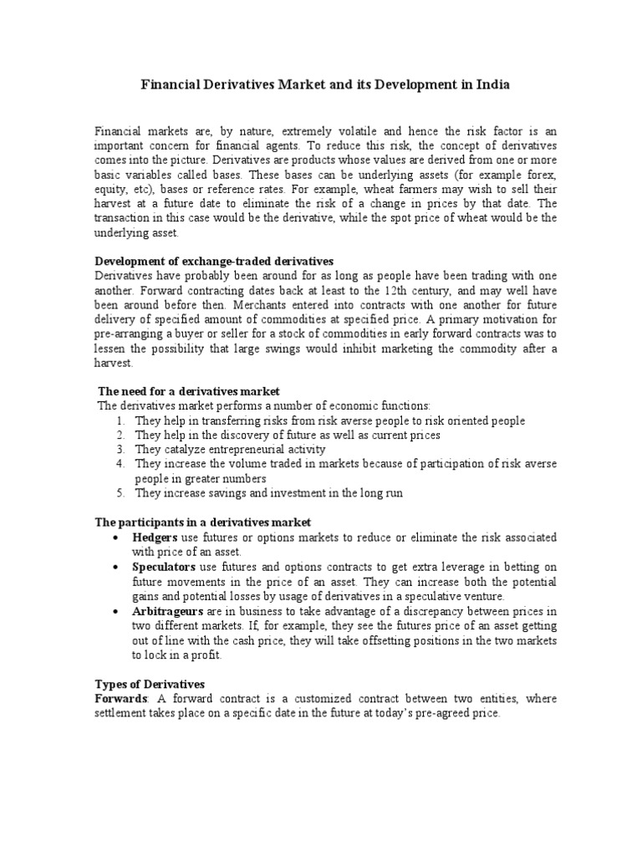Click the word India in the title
click(x=489, y=85)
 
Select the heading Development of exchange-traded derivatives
click(x=214, y=262)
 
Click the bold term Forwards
click(x=121, y=699)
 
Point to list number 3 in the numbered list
click(x=120, y=450)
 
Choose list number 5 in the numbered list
click(x=120, y=493)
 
